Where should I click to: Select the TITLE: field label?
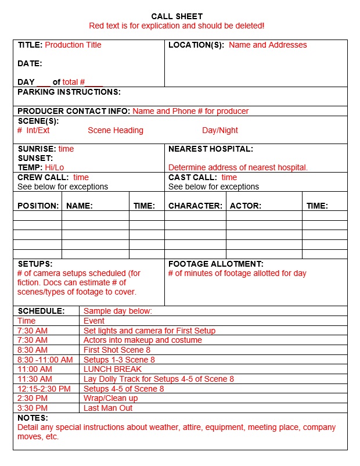click(x=30, y=45)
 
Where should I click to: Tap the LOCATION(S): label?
click(x=196, y=45)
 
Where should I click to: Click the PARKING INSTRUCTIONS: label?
click(x=69, y=92)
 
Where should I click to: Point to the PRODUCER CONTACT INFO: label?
click(x=74, y=111)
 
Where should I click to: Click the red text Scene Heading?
click(x=116, y=130)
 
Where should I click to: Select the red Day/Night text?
click(x=220, y=130)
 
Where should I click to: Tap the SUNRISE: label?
click(x=37, y=149)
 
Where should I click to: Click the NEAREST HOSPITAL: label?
click(x=211, y=149)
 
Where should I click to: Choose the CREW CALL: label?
click(x=43, y=177)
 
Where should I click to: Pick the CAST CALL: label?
click(x=193, y=177)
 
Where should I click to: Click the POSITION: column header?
click(x=38, y=206)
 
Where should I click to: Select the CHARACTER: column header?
click(x=195, y=206)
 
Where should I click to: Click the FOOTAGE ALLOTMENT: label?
click(x=216, y=264)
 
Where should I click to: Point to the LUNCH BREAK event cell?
click(x=113, y=369)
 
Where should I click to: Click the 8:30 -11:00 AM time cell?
click(x=45, y=360)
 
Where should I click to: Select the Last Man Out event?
click(x=108, y=408)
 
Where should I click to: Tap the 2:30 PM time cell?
click(x=33, y=398)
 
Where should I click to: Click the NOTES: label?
click(x=33, y=418)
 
